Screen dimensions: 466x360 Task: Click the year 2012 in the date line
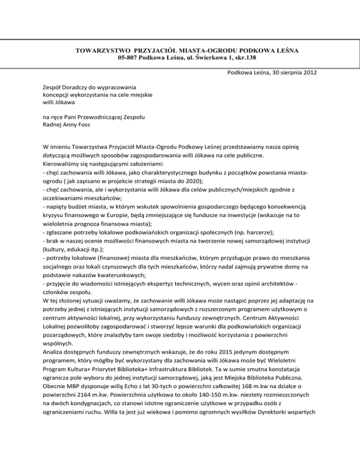(308, 73)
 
